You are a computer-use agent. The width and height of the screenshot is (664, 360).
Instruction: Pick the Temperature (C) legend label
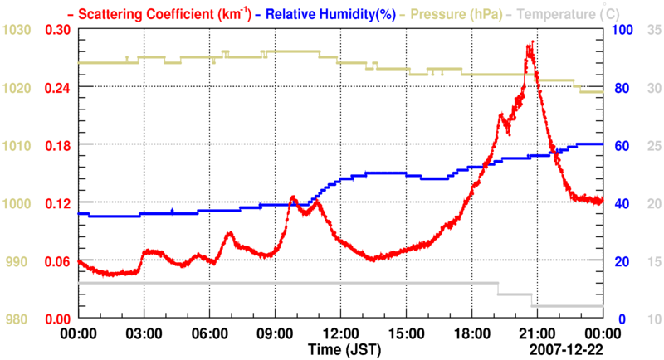[564, 13]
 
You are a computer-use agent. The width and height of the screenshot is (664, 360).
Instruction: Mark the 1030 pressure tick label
[17, 29]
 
